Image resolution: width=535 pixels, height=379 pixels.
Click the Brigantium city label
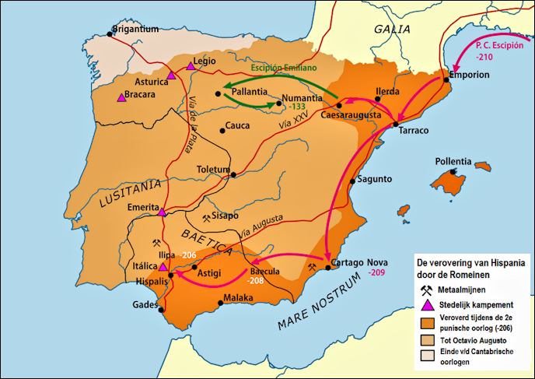[x=135, y=30]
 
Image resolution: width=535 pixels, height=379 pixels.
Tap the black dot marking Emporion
[x=446, y=76]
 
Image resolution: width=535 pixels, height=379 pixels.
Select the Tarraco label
[x=413, y=131]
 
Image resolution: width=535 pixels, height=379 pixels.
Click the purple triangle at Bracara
[x=121, y=97]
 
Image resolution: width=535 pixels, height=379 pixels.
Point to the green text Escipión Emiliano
[x=285, y=67]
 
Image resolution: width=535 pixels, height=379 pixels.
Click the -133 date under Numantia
[x=297, y=106]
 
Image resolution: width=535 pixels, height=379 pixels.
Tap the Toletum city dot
[x=233, y=174]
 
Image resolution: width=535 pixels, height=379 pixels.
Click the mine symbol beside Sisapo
[x=206, y=218]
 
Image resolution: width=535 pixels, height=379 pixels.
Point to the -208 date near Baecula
[x=255, y=282]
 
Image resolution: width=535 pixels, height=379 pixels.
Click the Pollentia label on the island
[x=453, y=161]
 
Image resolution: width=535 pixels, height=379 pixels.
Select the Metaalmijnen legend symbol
[x=426, y=289]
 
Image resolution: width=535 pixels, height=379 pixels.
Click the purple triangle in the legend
[x=426, y=304]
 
